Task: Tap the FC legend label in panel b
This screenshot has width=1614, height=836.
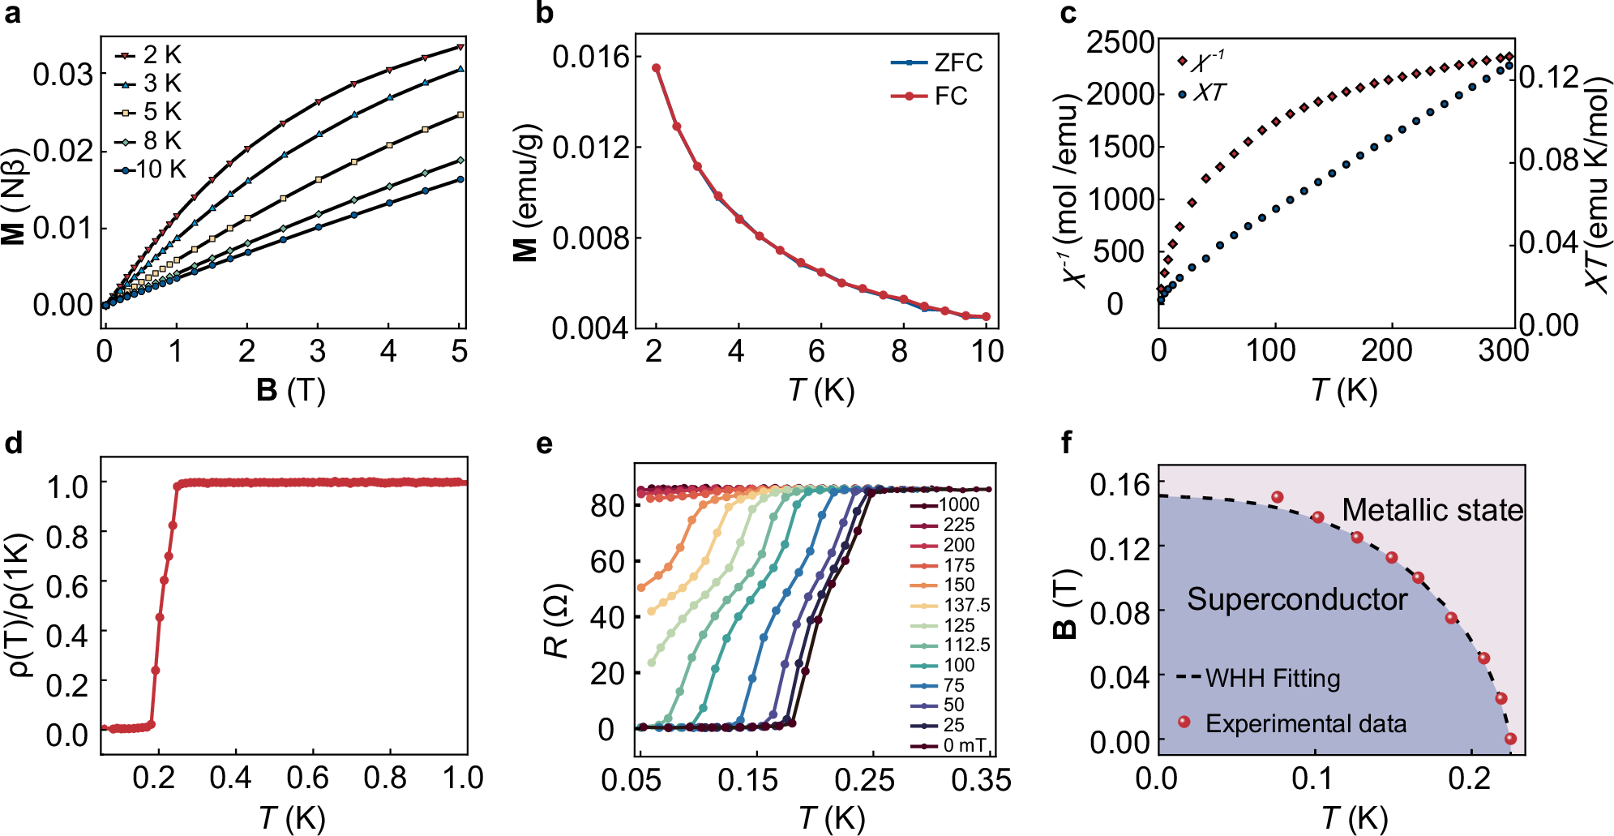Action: coord(951,96)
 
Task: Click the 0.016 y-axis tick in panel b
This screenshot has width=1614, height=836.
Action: coord(591,57)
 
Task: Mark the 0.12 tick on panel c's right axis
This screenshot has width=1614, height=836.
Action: coord(1549,77)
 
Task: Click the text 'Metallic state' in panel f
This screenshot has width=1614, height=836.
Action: coord(1432,510)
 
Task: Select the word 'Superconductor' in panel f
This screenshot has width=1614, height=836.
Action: coord(1297,599)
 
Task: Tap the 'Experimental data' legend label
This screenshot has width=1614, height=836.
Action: coord(1305,723)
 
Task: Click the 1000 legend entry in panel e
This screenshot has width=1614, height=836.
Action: coord(958,504)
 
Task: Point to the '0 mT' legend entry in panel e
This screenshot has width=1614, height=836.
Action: coord(964,744)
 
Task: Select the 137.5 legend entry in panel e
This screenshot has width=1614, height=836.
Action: coord(966,605)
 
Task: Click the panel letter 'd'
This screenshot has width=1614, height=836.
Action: coord(14,443)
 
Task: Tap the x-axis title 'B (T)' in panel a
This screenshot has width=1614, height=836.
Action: coord(290,391)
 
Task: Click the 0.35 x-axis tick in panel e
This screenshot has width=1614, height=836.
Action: coord(981,780)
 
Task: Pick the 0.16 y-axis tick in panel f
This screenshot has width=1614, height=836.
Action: coord(1120,485)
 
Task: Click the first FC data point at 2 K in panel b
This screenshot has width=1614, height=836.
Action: coord(657,68)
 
